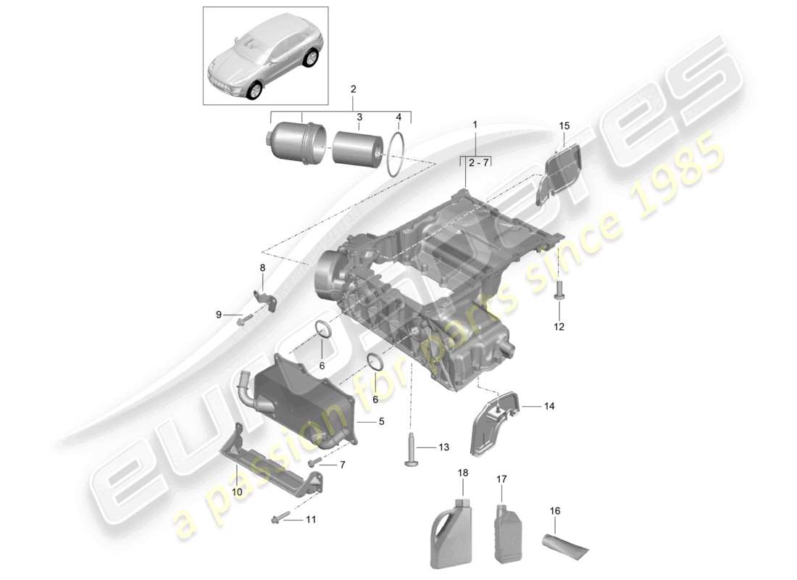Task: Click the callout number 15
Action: (564, 126)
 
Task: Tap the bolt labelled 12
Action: (559, 290)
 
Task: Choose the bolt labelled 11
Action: (280, 517)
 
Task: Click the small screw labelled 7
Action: (315, 462)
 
